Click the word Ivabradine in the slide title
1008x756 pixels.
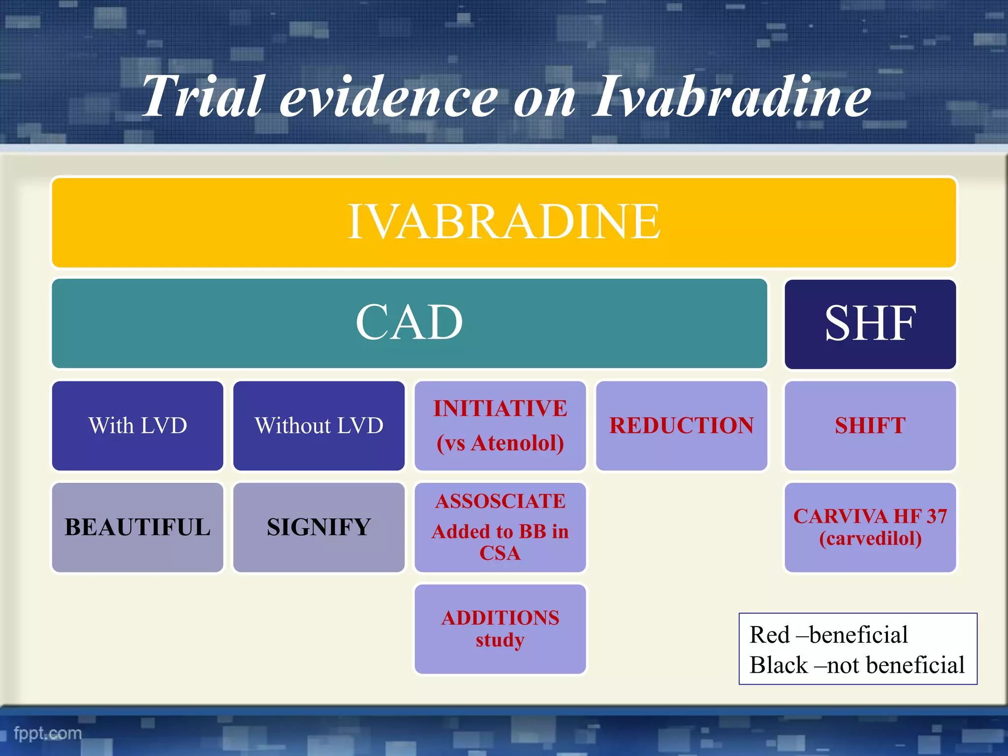point(731,97)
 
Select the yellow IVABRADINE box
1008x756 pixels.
point(504,222)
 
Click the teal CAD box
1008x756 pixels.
point(409,323)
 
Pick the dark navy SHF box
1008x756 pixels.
point(870,324)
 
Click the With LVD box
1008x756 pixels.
point(138,426)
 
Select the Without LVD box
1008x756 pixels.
point(319,426)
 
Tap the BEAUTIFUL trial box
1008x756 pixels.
point(138,527)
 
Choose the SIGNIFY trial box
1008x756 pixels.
point(319,527)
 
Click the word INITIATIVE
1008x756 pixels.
point(500,409)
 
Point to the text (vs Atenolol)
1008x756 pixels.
point(500,443)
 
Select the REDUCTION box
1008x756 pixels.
point(681,426)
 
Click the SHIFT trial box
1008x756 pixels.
point(870,426)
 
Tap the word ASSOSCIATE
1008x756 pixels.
point(500,502)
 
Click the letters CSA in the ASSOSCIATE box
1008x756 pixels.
point(500,553)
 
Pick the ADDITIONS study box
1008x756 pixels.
point(500,629)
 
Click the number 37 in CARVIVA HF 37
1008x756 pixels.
point(936,516)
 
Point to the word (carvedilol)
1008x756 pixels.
point(870,538)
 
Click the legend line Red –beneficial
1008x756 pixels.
point(828,634)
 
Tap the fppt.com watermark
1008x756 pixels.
point(48,733)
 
